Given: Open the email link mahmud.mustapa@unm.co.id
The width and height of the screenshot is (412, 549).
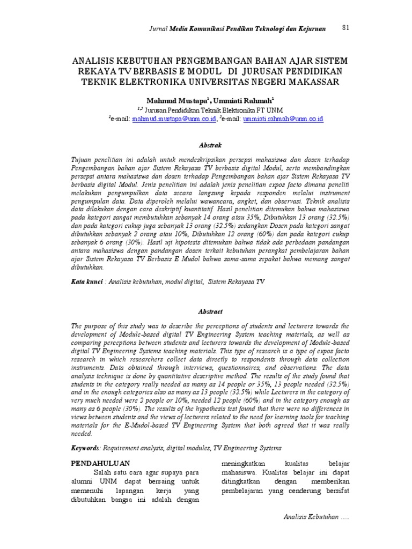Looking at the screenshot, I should [x=174, y=118].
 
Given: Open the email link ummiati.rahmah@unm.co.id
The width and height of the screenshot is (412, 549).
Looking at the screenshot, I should [x=283, y=118].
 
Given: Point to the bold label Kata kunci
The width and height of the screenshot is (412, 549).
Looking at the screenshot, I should [x=87, y=280].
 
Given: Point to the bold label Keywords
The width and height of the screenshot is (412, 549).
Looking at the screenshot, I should [x=89, y=447].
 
